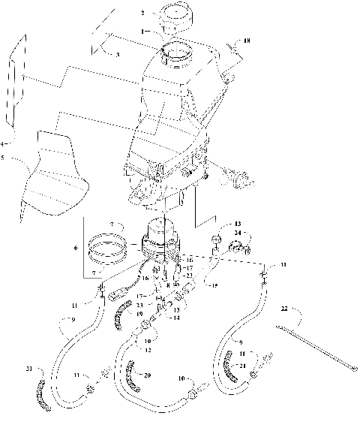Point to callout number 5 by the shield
point(3,143)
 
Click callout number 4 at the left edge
point(3,143)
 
